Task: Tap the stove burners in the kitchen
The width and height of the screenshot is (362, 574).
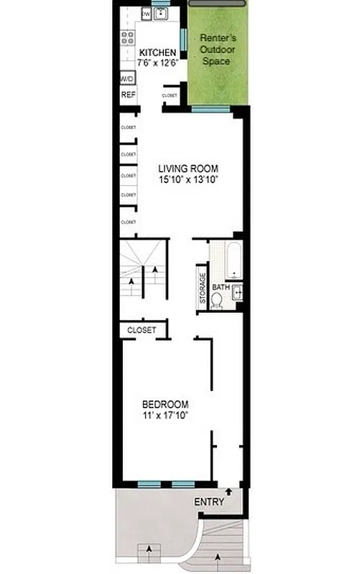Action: (x=128, y=37)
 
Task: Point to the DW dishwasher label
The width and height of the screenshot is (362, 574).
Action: (x=146, y=13)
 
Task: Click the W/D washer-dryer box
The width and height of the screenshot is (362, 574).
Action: (x=127, y=79)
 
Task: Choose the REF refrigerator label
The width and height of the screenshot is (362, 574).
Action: (x=128, y=95)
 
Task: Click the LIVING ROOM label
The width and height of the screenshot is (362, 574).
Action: (x=187, y=169)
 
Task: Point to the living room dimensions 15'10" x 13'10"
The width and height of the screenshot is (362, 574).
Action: (x=187, y=181)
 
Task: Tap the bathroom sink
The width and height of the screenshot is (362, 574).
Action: (x=237, y=291)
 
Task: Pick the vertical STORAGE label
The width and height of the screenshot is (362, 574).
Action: (x=203, y=289)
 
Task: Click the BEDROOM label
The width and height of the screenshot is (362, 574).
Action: (x=165, y=403)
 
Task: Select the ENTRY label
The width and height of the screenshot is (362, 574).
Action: (x=209, y=502)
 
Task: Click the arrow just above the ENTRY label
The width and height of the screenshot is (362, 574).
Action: (x=228, y=491)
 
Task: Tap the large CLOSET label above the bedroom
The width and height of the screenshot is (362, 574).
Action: (x=141, y=330)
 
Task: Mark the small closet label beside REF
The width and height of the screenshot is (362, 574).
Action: (x=170, y=95)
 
